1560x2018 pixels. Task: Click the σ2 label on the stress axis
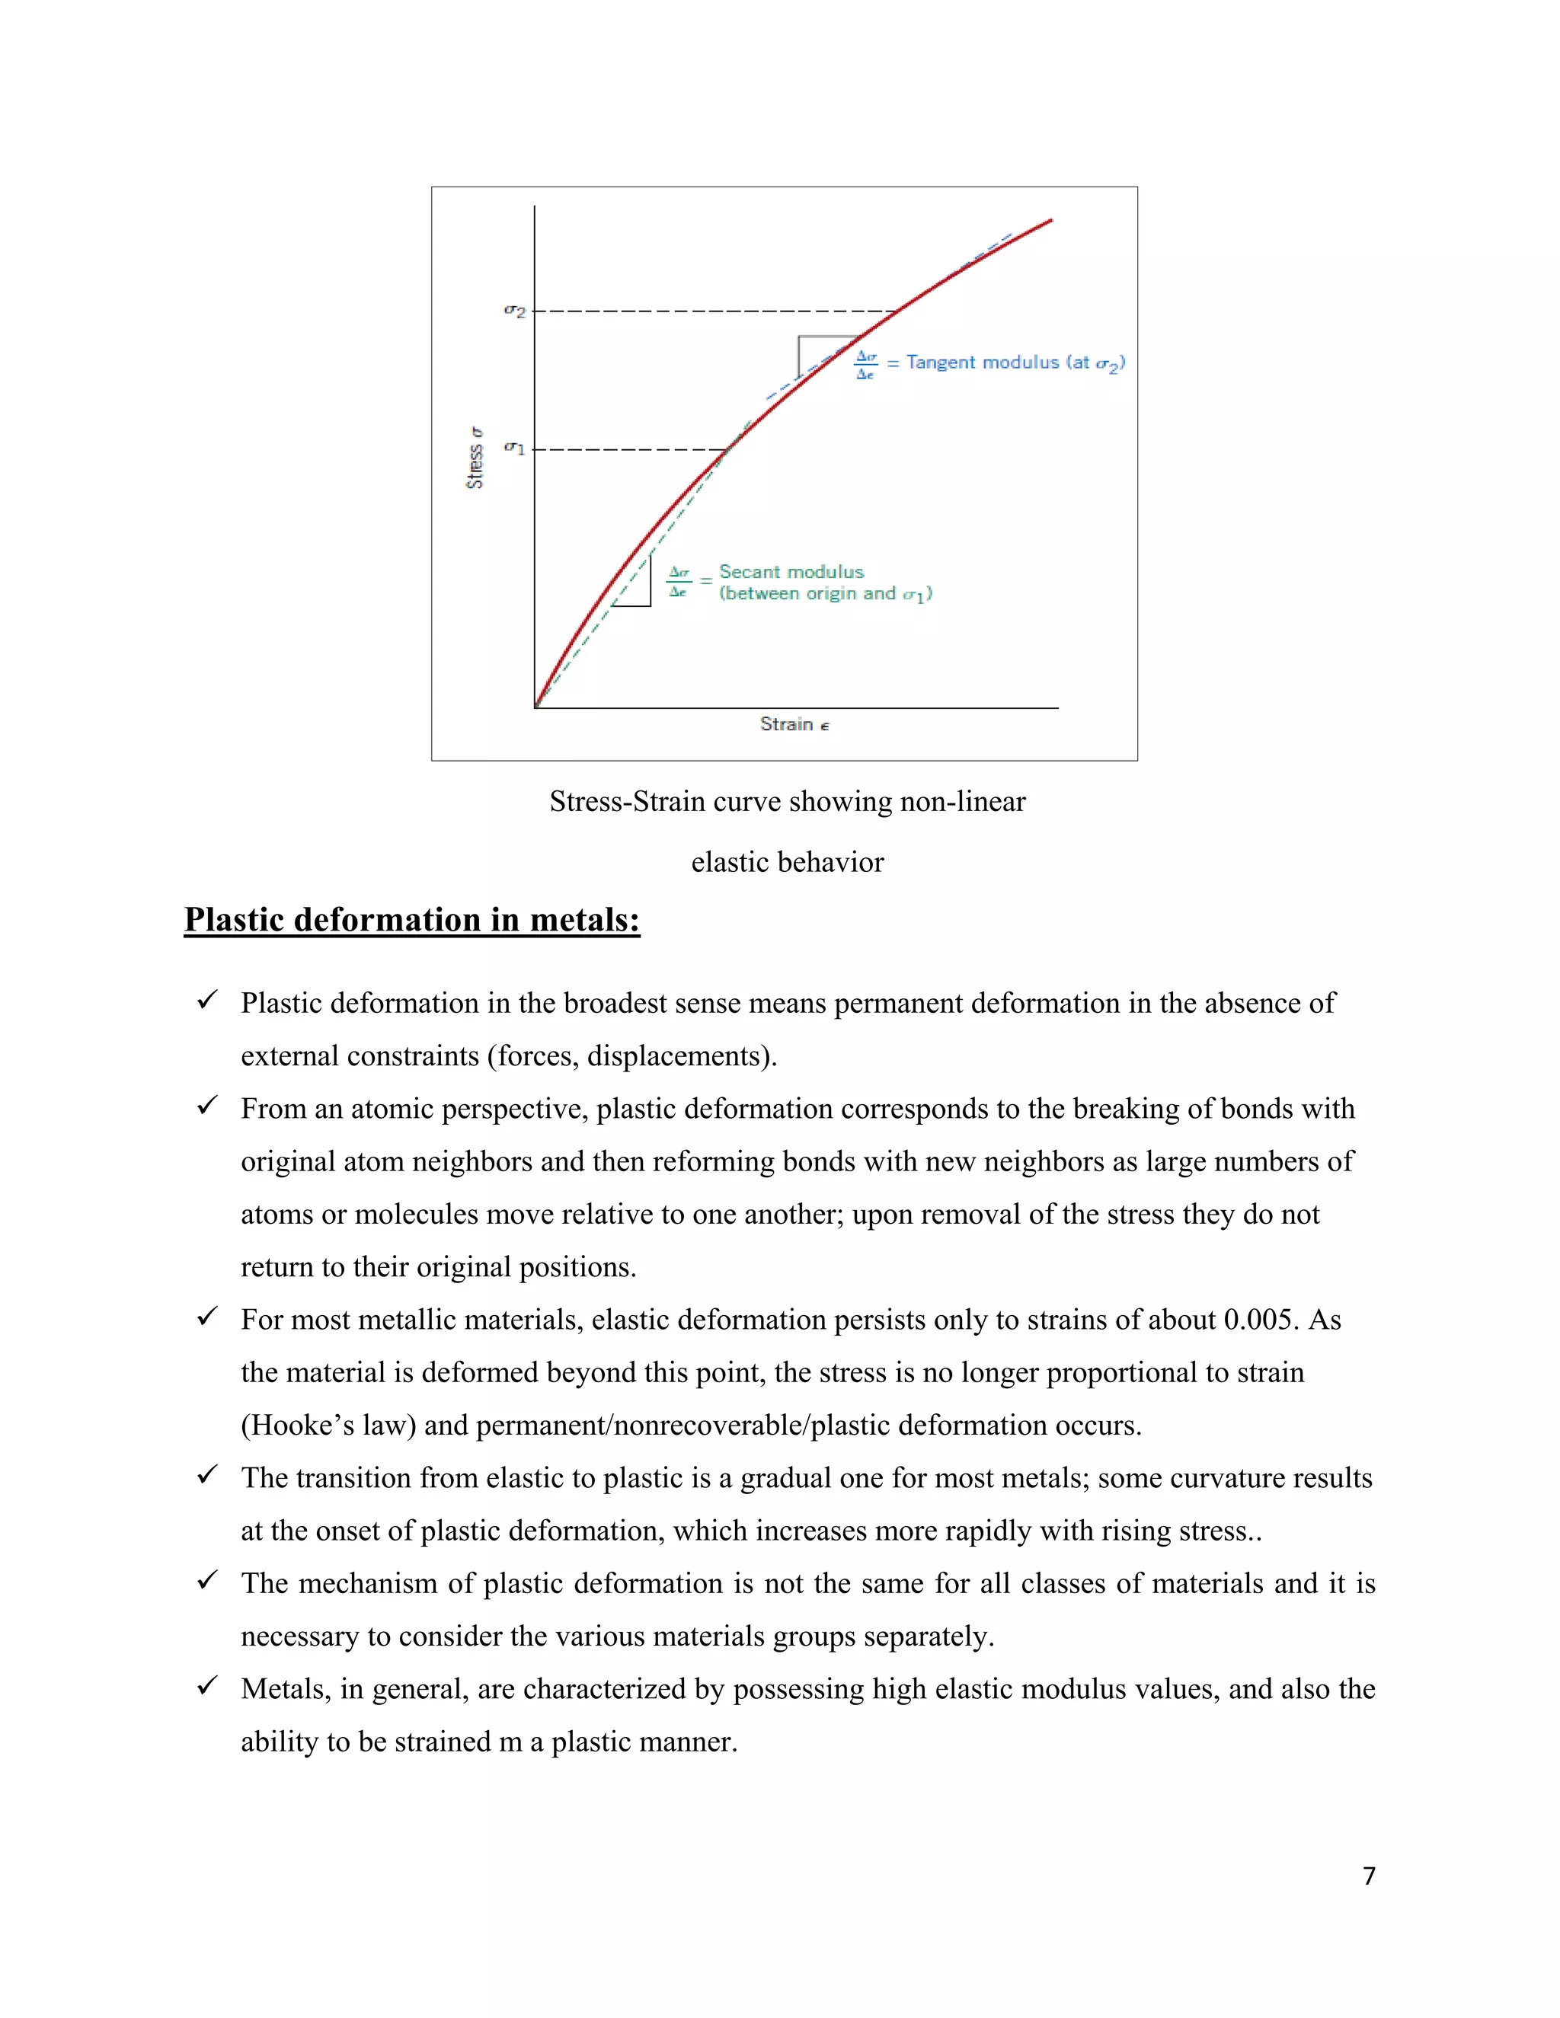[x=515, y=312]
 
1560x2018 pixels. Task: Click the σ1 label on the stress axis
[x=515, y=449]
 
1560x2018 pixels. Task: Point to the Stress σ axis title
[x=474, y=458]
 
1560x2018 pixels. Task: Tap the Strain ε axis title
[x=794, y=724]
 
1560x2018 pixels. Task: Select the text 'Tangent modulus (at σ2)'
[x=1015, y=363]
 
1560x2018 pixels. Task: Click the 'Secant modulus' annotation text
[x=791, y=572]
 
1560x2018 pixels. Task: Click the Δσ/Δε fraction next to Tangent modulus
[x=866, y=365]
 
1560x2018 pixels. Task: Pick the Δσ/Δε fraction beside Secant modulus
[x=679, y=582]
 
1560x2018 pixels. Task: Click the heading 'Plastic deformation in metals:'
[x=411, y=921]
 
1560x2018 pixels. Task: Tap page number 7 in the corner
[x=1369, y=1876]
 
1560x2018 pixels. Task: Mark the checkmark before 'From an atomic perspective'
[x=207, y=1106]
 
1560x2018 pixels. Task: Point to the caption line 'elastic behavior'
[x=788, y=862]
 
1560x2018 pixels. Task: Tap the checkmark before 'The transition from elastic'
[x=207, y=1475]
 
